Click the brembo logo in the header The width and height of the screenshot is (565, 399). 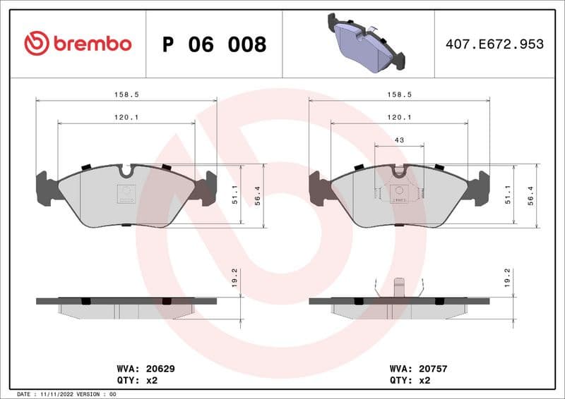click(78, 44)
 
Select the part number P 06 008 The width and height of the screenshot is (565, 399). click(214, 44)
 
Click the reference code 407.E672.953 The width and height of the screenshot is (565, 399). click(494, 44)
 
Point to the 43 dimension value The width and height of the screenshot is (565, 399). click(399, 140)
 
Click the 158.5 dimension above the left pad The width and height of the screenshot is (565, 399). click(126, 94)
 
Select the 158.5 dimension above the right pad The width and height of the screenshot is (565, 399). click(399, 94)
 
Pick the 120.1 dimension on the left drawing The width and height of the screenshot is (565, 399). click(126, 117)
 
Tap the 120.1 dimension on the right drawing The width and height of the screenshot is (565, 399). click(399, 117)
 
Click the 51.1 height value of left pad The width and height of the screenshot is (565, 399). click(233, 195)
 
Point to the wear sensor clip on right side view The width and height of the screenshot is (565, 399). click(398, 288)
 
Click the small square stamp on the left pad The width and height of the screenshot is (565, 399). click(126, 193)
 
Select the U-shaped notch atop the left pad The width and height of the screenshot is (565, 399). click(127, 171)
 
